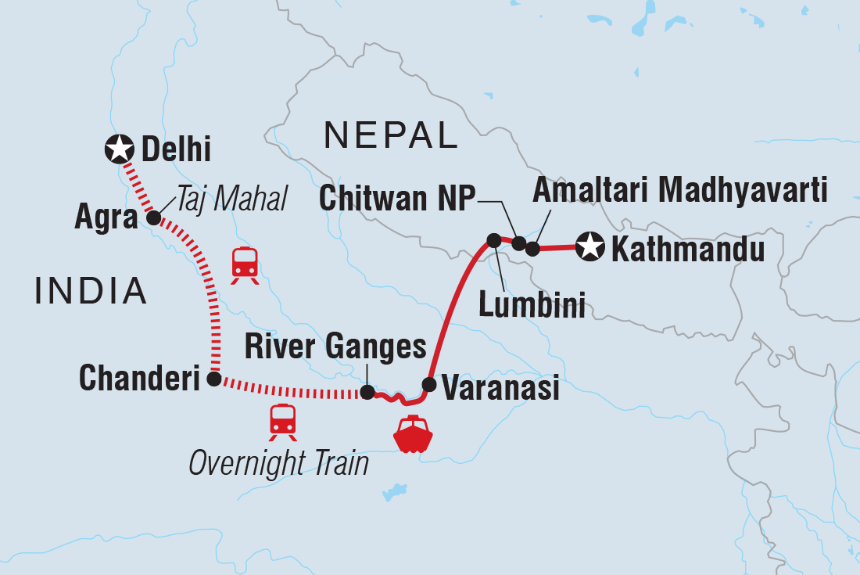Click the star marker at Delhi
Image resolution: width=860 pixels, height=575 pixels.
tap(119, 147)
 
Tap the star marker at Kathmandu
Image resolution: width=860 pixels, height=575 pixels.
tap(589, 248)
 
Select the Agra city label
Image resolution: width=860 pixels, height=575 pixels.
tap(106, 218)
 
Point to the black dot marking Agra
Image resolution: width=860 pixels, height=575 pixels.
tap(154, 217)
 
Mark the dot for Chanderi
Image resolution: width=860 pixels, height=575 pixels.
tap(213, 379)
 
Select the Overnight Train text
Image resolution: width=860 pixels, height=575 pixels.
tap(278, 463)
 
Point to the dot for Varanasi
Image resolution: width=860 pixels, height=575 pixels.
tap(428, 384)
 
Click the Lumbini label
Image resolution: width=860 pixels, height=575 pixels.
tap(532, 306)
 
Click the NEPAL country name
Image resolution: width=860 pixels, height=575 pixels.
tap(391, 136)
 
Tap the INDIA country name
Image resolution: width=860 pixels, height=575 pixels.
tap(91, 291)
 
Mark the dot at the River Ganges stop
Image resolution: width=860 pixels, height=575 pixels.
tap(367, 392)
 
